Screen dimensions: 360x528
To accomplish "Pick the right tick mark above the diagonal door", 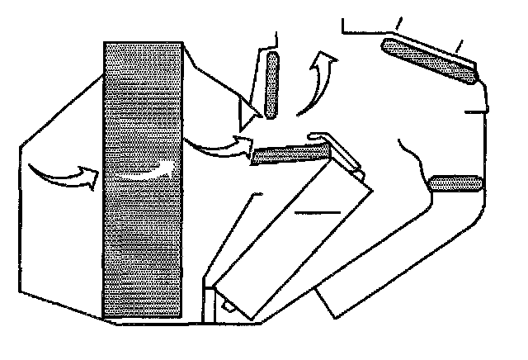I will (x=459, y=43).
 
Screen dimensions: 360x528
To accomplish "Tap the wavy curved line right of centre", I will (x=412, y=157).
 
